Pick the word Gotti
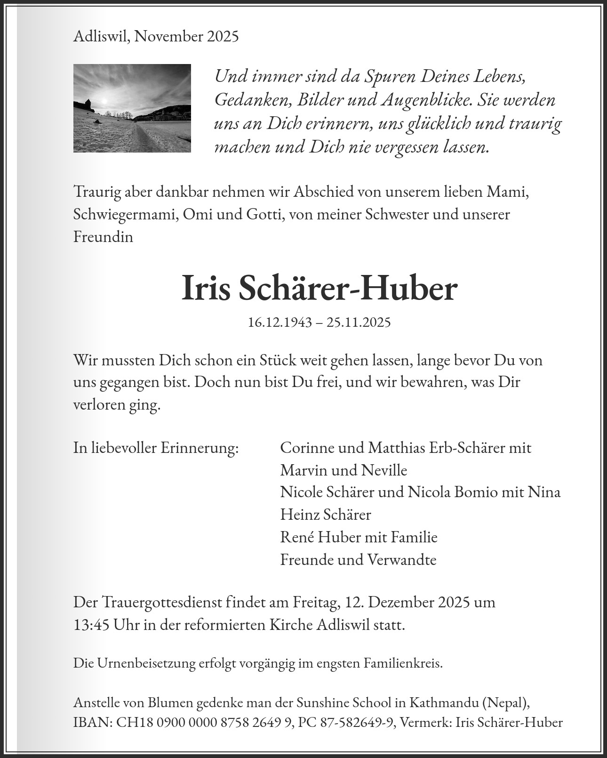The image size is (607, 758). pos(264,214)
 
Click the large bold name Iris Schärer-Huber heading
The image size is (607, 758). pos(319,289)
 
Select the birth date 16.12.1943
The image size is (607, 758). pos(280,322)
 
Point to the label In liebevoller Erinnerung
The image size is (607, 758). pos(156,447)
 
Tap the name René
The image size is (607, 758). pos(297,537)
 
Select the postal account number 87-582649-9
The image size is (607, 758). pos(356,722)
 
